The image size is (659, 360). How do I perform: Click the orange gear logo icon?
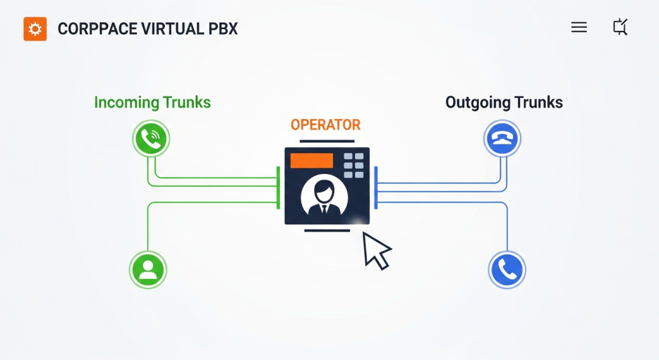tap(35, 29)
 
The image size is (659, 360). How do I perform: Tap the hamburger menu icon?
tap(579, 27)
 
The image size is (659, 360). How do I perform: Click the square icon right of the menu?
tap(620, 27)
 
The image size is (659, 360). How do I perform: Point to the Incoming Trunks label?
tap(152, 102)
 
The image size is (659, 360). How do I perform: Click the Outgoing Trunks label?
tap(504, 102)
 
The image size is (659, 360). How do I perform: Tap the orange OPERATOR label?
tap(326, 124)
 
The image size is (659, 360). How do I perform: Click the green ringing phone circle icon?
tap(151, 138)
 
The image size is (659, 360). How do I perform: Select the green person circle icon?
tap(148, 269)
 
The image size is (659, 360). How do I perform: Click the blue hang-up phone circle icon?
tap(502, 138)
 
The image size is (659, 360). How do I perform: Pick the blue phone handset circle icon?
tap(507, 270)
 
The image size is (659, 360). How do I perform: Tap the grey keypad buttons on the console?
tap(353, 166)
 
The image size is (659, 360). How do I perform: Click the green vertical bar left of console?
tap(278, 187)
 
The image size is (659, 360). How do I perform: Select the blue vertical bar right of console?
tap(376, 187)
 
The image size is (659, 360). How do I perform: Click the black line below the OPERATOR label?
tap(327, 141)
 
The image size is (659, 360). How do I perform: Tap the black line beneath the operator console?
tap(327, 230)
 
